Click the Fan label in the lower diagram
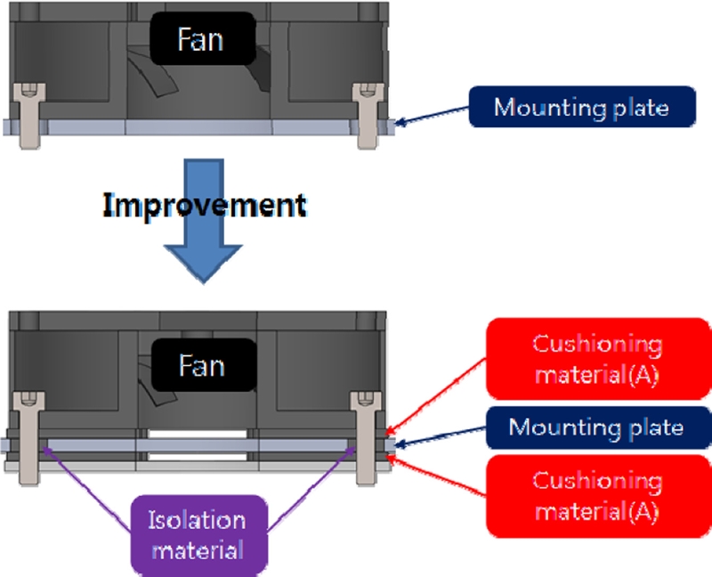coord(200,366)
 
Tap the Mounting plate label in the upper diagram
coord(580,109)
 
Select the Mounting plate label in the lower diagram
coord(595,427)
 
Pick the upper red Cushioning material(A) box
coord(596,357)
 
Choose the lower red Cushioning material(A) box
coord(596,495)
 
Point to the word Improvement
coord(205,205)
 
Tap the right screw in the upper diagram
coord(367,116)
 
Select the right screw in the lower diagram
coord(367,436)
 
